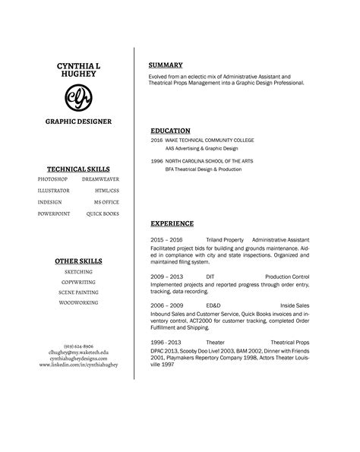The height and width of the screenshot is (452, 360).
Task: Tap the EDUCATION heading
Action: click(170, 131)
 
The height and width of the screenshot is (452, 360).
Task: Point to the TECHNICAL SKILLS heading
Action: click(78, 169)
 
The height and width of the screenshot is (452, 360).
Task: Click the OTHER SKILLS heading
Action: click(78, 261)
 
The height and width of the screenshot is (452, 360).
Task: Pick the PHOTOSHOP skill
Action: click(52, 178)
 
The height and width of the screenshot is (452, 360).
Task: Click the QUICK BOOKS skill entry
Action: click(103, 214)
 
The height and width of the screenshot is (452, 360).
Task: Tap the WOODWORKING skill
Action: click(78, 302)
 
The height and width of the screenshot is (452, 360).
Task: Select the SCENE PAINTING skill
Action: click(78, 292)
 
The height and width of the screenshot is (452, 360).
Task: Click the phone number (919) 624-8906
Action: click(78, 346)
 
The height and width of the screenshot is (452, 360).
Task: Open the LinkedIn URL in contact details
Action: click(78, 365)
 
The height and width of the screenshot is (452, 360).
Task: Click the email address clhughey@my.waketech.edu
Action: click(78, 352)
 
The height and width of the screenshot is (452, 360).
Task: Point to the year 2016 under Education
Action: click(156, 141)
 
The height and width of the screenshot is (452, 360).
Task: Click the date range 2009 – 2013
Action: click(167, 277)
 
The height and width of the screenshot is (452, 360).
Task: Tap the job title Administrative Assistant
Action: click(280, 239)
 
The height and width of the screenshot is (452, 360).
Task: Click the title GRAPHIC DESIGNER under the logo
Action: click(78, 122)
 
